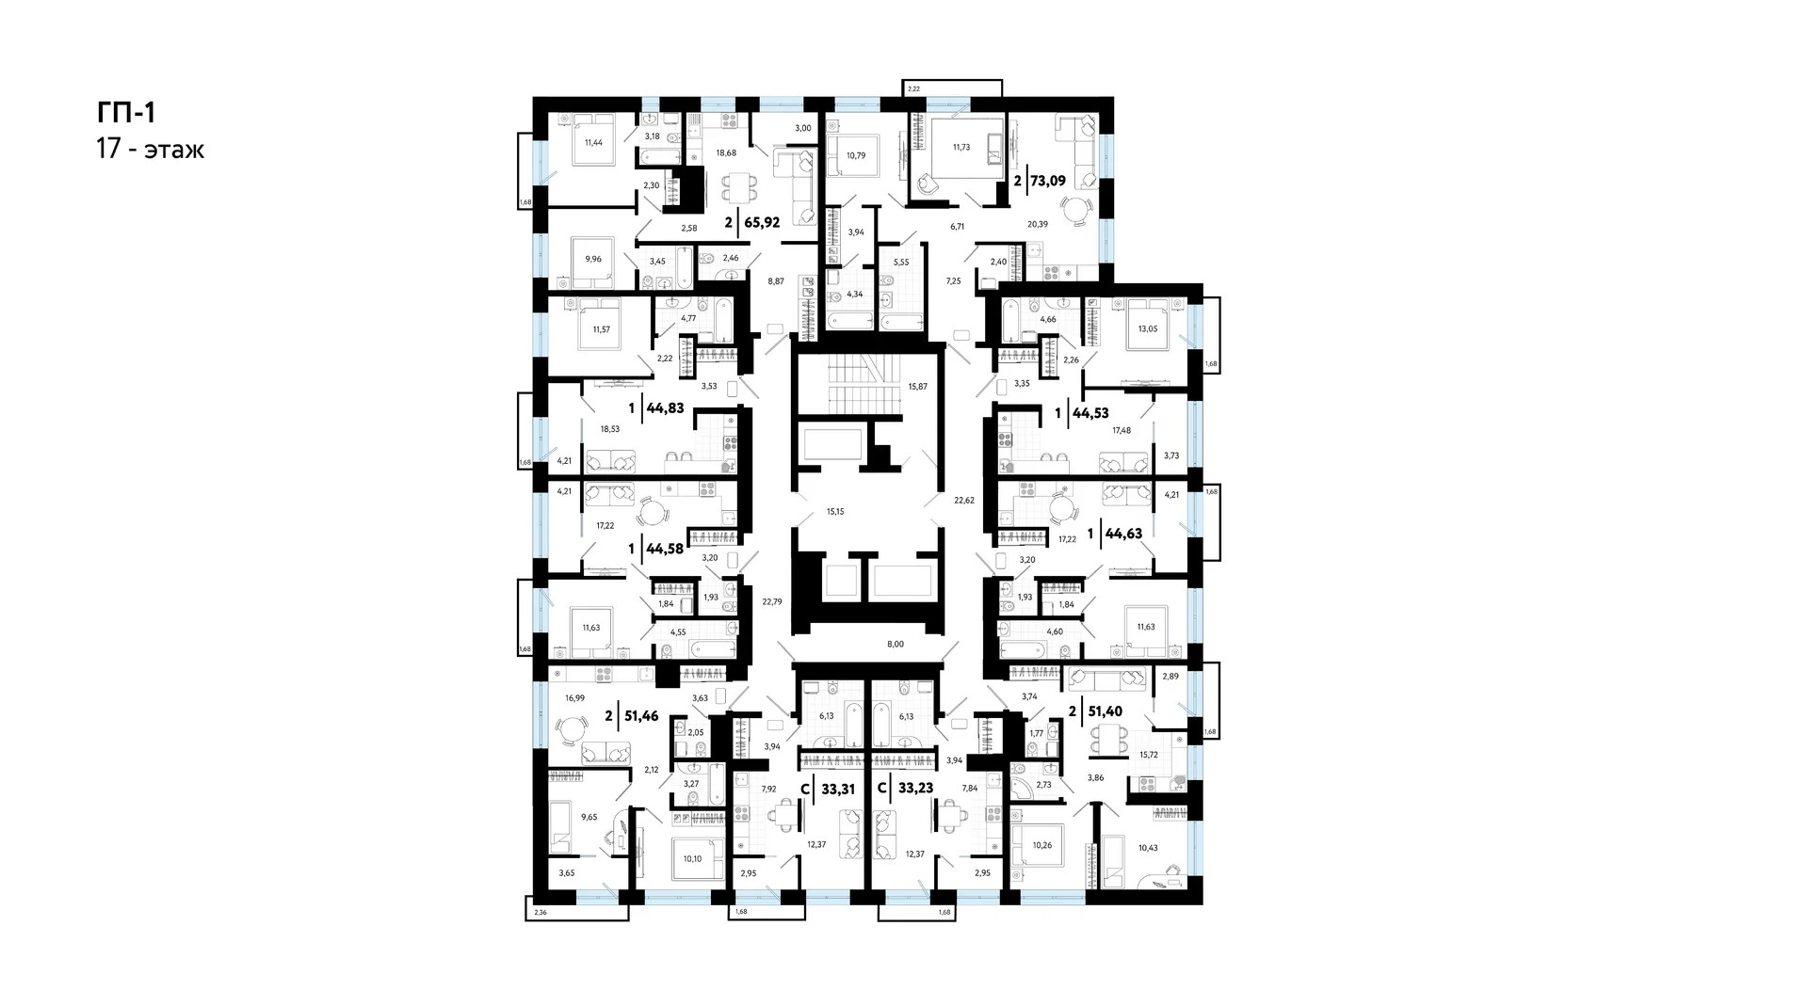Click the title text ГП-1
coord(126,113)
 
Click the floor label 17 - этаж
coord(151,150)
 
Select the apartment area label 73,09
coord(1048,180)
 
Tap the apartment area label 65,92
coord(762,223)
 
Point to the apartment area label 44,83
coord(666,407)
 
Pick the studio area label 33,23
coord(915,788)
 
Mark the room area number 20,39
coord(1038,224)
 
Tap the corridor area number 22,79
coord(772,602)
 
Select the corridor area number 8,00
coord(896,645)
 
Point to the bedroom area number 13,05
coord(1148,328)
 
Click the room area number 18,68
coord(726,152)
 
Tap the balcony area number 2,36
coord(540,913)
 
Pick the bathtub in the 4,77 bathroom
coord(720,321)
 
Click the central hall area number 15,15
coord(835,512)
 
